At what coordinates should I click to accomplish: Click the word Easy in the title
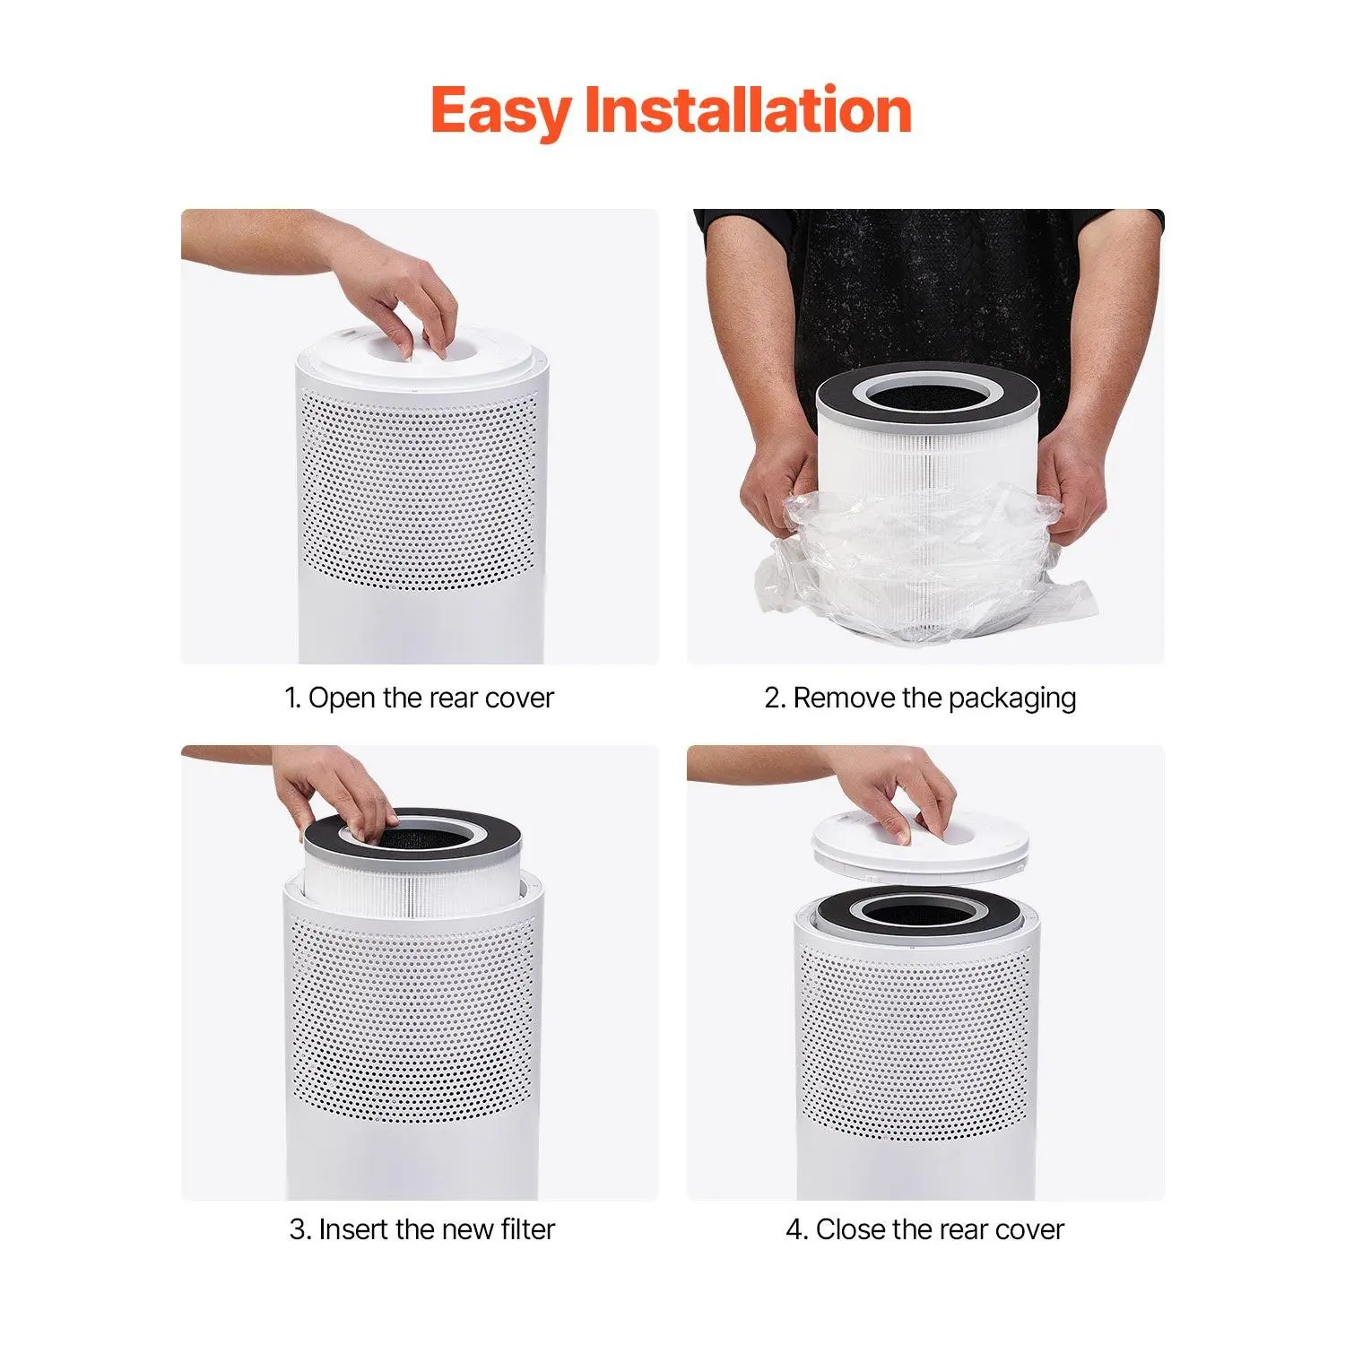pyautogui.click(x=500, y=112)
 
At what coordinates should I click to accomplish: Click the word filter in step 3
pyautogui.click(x=528, y=1228)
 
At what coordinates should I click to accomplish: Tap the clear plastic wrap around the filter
pyautogui.click(x=924, y=560)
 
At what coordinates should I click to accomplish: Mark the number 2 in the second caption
pyautogui.click(x=774, y=699)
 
